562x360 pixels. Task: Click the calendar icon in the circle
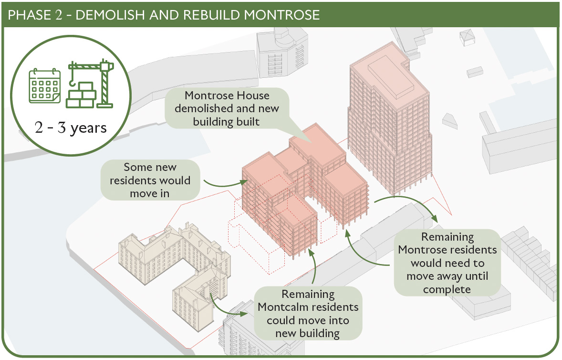44,85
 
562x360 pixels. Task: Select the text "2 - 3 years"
71,127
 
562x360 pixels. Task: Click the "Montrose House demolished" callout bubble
227,108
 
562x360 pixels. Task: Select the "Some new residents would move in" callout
150,180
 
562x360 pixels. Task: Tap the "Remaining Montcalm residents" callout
308,314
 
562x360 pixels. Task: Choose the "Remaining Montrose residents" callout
448,263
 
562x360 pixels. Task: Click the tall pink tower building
390,118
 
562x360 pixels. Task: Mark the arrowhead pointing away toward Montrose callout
434,218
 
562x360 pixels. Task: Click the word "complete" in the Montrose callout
447,289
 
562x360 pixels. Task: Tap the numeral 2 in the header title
58,15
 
